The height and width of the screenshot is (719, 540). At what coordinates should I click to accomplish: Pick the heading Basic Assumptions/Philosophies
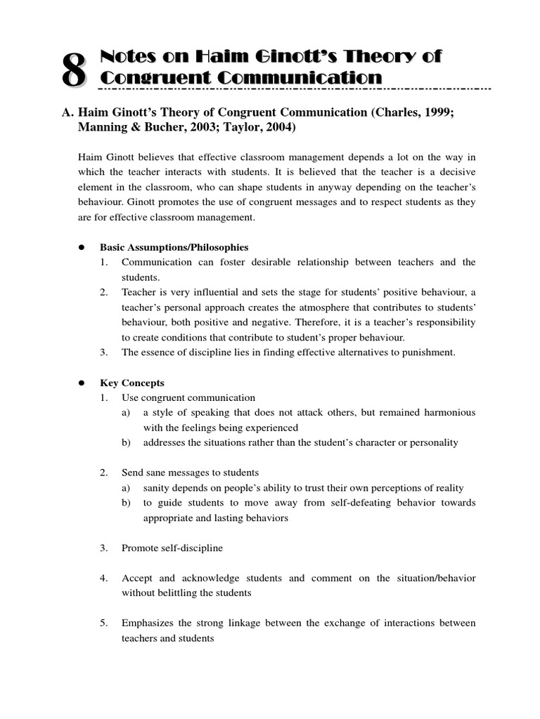tap(174, 247)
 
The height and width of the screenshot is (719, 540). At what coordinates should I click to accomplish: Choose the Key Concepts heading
tap(131, 383)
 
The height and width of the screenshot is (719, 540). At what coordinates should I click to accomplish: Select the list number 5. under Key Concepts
tap(103, 623)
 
